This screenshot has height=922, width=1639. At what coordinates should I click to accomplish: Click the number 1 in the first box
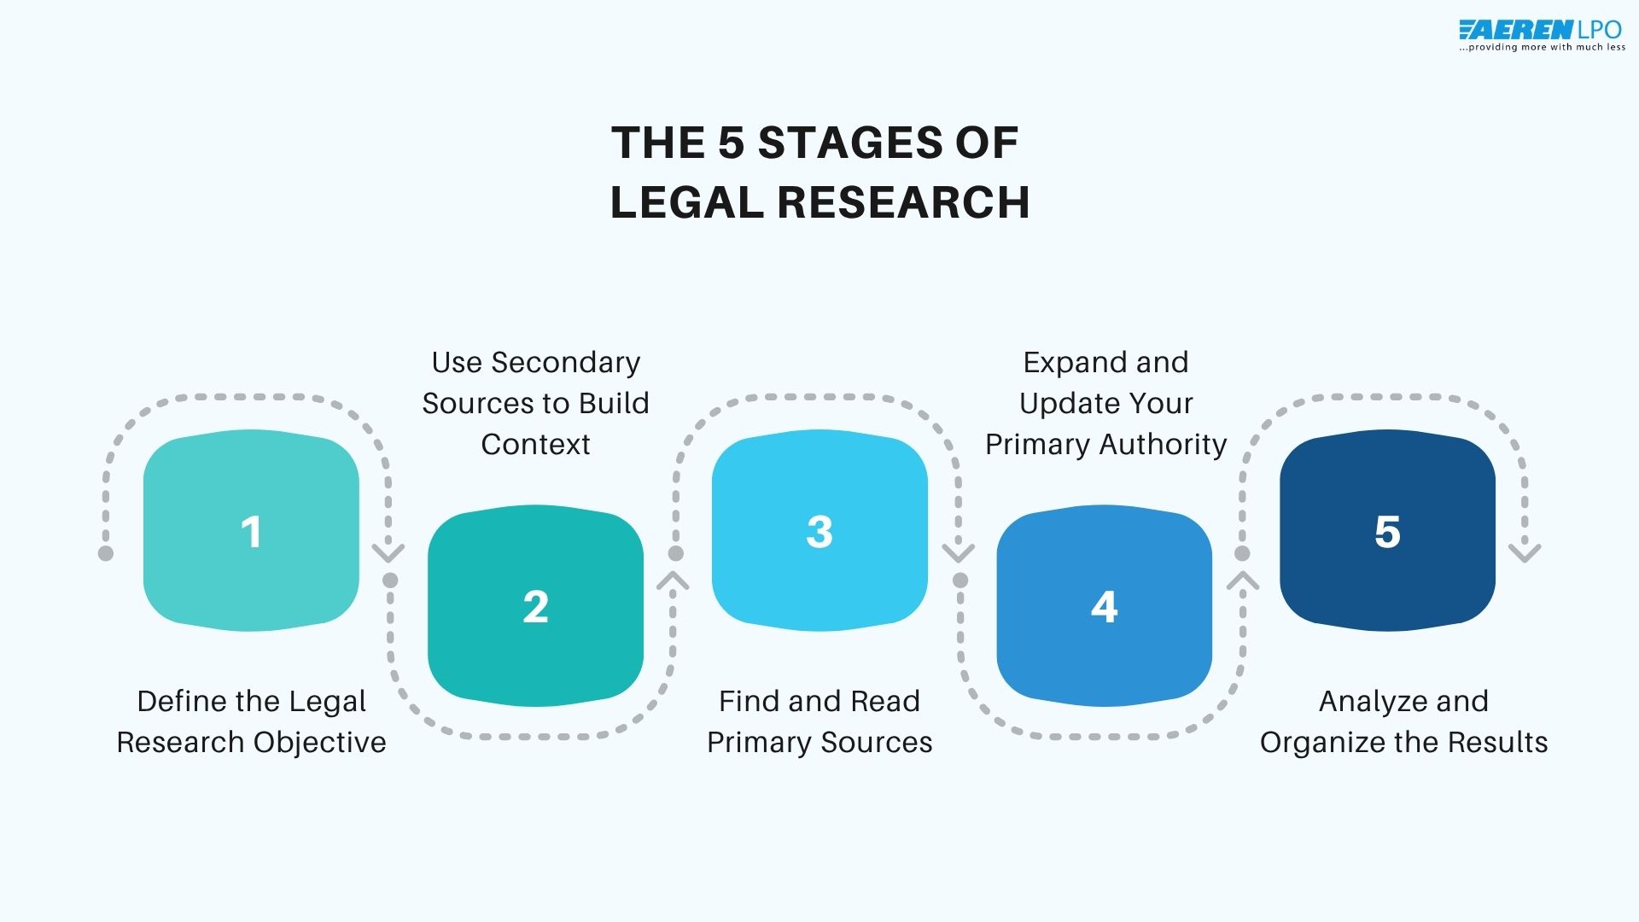pos(250,532)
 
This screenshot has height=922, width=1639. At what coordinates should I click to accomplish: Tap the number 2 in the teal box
pos(535,607)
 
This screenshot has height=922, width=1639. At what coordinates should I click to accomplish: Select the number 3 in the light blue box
pos(819,532)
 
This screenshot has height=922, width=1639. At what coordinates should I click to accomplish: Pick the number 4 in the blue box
pos(1104,607)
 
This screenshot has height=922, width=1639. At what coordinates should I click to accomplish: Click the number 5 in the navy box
pos(1387,532)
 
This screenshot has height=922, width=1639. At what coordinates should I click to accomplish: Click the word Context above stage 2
pos(535,444)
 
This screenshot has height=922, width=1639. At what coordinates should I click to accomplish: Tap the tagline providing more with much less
pos(1542,48)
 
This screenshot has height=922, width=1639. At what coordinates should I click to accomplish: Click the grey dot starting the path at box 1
pos(106,553)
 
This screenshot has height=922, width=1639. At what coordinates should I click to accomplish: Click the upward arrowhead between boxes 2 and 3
pos(673,581)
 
